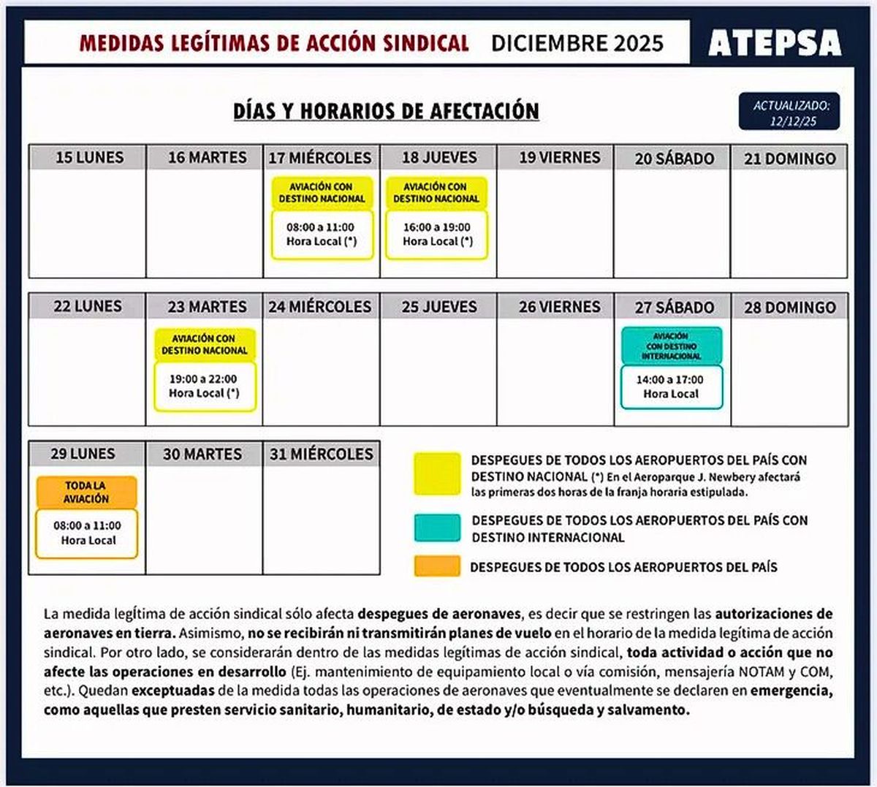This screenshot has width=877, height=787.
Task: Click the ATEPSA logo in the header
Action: click(774, 42)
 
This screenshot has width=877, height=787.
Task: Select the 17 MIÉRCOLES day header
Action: click(321, 158)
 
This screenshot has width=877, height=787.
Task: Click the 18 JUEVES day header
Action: click(438, 158)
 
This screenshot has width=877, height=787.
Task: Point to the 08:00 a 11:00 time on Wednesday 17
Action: click(322, 235)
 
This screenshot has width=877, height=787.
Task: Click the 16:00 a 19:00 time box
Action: click(437, 235)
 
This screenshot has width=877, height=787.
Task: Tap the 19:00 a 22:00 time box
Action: click(204, 386)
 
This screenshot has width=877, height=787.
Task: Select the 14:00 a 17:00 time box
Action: click(670, 387)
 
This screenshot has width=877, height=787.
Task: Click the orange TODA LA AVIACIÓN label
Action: click(86, 492)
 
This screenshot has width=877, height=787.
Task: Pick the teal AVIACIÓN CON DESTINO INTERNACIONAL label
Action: click(672, 346)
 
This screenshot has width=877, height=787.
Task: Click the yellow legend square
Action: click(437, 474)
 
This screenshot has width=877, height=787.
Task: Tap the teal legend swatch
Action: click(437, 528)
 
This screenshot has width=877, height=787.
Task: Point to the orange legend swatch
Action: click(437, 566)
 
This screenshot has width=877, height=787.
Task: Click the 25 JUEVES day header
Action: click(438, 307)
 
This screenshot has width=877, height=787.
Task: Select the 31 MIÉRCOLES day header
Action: click(321, 454)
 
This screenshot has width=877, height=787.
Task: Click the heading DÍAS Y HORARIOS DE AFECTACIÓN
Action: click(386, 111)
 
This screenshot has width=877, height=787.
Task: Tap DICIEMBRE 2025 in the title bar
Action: click(577, 43)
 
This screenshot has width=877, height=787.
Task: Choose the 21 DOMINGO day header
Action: click(789, 158)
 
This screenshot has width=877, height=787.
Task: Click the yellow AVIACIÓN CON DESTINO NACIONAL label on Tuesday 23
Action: click(205, 344)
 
